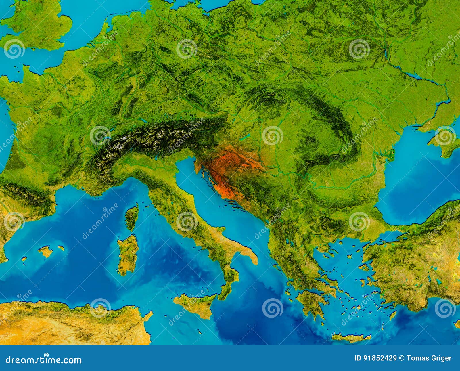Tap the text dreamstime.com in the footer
[44, 360]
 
